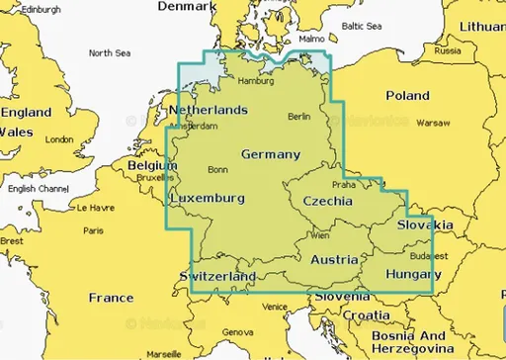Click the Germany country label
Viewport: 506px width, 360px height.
coord(270,154)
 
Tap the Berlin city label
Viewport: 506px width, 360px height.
coord(298,117)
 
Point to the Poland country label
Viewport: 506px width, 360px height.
coord(407,96)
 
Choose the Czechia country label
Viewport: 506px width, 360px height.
coord(328,200)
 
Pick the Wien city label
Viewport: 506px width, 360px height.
coord(320,235)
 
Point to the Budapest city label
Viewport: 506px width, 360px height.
coord(427,254)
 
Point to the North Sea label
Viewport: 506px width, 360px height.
coord(108,53)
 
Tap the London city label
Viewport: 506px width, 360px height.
coord(59,139)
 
